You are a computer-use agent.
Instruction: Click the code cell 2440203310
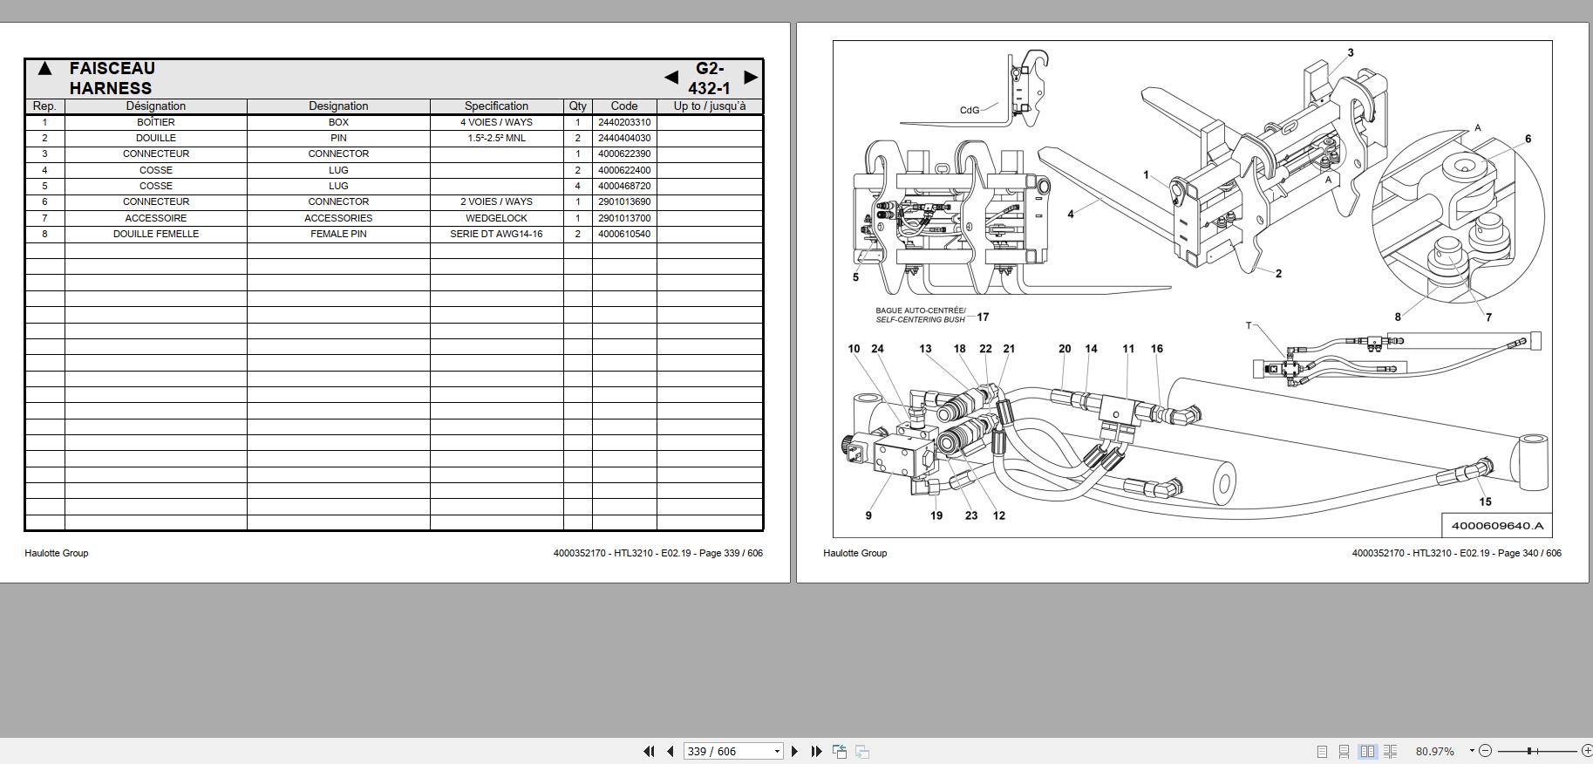coord(623,122)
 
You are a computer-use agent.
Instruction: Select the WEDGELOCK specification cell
coord(496,218)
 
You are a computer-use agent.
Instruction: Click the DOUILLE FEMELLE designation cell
coord(155,234)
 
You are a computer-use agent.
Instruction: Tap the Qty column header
coord(577,106)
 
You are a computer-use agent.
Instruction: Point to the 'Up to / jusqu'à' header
coord(709,106)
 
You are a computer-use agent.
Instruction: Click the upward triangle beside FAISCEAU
coord(44,69)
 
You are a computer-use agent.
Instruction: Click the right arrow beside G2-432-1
coord(750,78)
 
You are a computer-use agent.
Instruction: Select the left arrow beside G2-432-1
coord(671,78)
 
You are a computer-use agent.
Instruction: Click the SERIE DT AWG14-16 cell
coord(496,234)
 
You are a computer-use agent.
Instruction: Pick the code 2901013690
coord(623,201)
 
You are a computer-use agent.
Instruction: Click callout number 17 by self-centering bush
coord(983,317)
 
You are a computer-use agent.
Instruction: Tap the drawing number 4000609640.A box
coord(1496,525)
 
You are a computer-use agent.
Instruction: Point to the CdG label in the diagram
coord(969,110)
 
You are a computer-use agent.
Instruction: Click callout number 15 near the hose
coord(1485,501)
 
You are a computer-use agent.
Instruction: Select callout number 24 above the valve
coord(877,348)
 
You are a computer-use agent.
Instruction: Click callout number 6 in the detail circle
coord(1528,139)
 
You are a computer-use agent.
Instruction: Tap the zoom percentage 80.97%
coord(1434,751)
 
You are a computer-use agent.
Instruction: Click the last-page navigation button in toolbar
coord(816,751)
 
